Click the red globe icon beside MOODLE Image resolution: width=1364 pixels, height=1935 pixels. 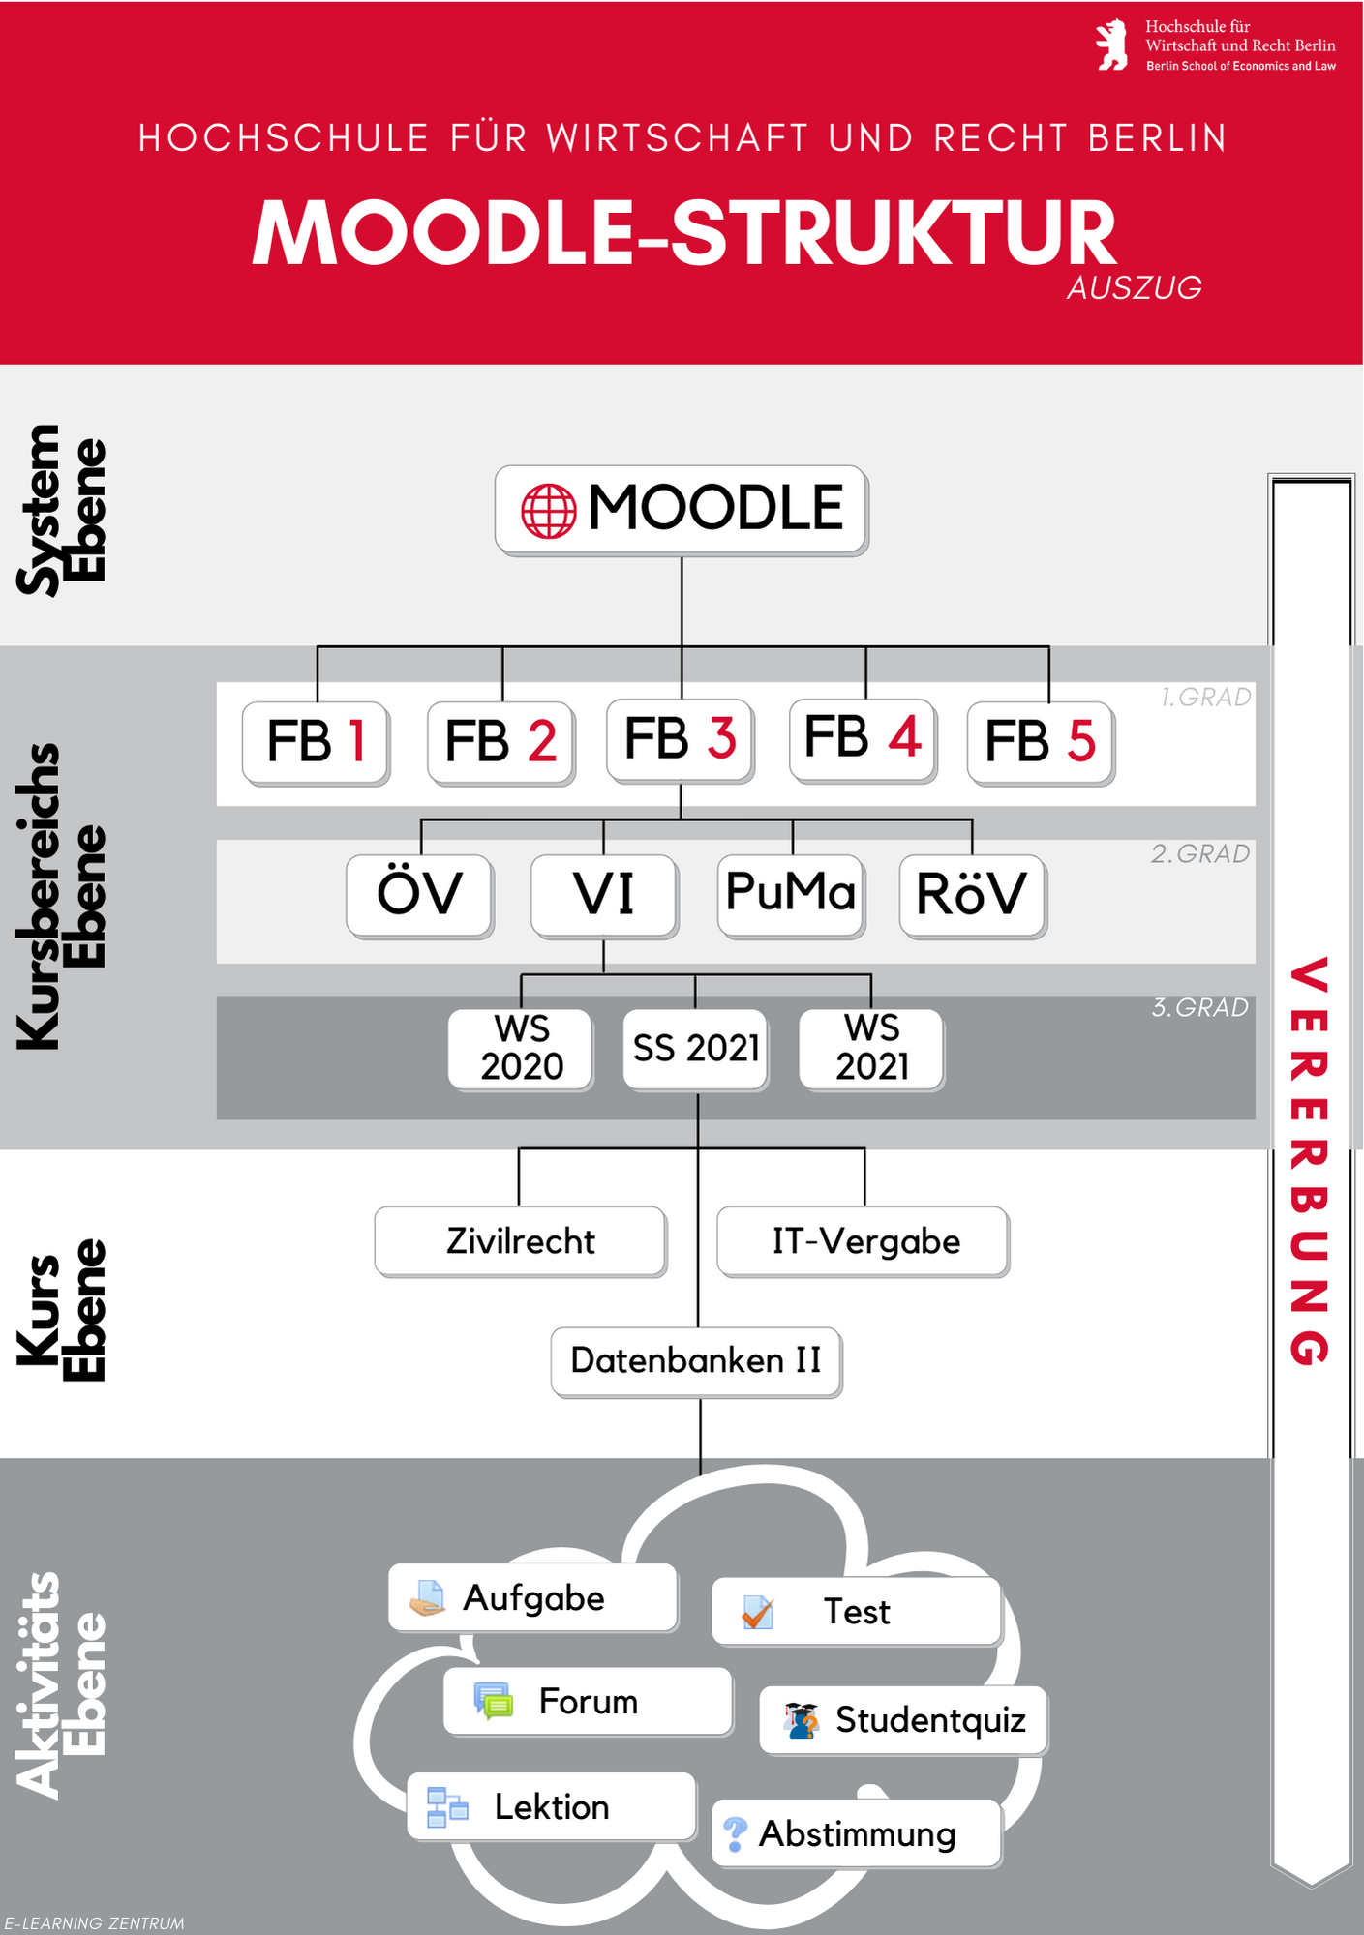[x=548, y=511]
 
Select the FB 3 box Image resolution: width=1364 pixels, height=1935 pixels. [x=680, y=739]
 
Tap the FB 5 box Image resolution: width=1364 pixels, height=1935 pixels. [x=1041, y=742]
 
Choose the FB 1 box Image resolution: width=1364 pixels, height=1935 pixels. [x=316, y=742]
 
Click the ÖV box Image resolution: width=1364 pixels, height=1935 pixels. [x=420, y=894]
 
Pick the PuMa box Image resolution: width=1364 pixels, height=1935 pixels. [x=791, y=894]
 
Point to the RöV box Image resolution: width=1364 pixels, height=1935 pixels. [x=972, y=895]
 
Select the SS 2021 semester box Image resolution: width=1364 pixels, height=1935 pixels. [x=696, y=1049]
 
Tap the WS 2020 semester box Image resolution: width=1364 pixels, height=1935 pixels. [x=521, y=1049]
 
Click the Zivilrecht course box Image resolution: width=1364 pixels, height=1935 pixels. [x=521, y=1241]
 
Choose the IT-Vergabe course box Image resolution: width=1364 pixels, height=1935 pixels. [x=864, y=1241]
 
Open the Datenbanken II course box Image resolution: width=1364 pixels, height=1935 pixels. [x=696, y=1361]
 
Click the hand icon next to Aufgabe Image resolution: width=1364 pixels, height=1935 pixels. [x=427, y=1598]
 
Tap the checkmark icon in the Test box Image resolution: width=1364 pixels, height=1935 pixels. [x=757, y=1613]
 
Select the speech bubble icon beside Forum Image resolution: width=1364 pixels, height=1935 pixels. [x=494, y=1701]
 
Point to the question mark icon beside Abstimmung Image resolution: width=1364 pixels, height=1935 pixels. [x=735, y=1833]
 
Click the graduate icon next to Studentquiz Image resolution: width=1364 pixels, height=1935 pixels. [x=802, y=1721]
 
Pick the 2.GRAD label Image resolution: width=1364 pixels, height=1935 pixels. [x=1199, y=854]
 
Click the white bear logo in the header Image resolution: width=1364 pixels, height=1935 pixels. [x=1112, y=45]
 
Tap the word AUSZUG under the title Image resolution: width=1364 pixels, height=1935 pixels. [x=1135, y=288]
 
